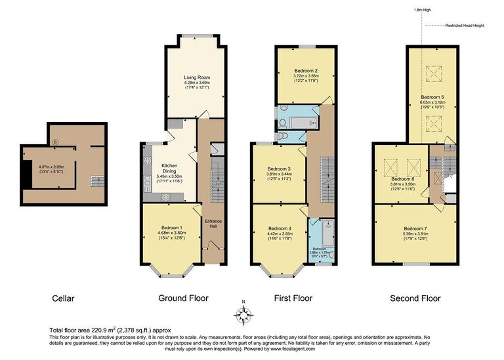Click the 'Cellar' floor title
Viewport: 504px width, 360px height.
point(63,298)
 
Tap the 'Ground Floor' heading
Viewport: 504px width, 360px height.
point(183,298)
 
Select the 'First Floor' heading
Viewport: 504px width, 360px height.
point(293,298)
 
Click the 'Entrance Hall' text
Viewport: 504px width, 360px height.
point(213,224)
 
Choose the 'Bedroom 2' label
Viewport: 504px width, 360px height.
point(306,71)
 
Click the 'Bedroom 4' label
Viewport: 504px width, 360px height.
point(281,228)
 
